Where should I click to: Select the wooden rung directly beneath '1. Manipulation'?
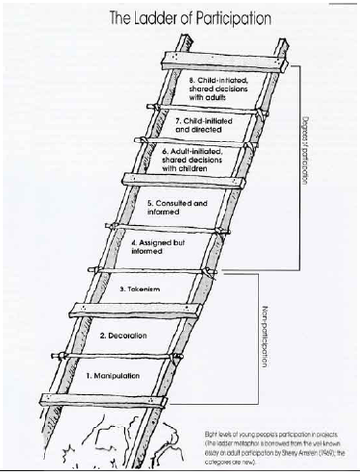pos(109,400)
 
